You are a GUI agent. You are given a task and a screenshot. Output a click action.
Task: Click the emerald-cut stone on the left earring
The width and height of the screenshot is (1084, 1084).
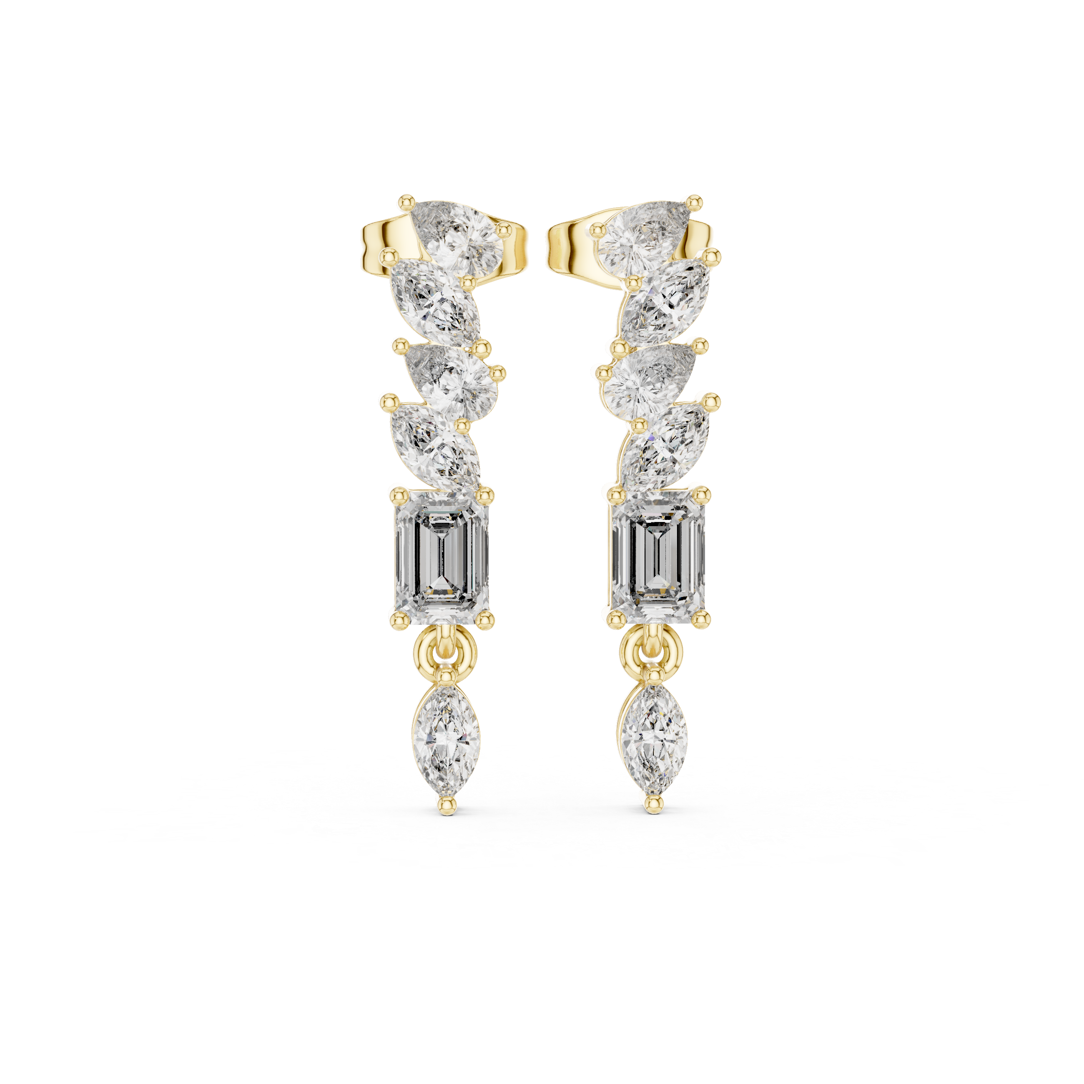(x=442, y=557)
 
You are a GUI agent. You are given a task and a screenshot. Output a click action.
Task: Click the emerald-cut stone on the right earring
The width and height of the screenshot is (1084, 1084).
(x=657, y=557)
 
